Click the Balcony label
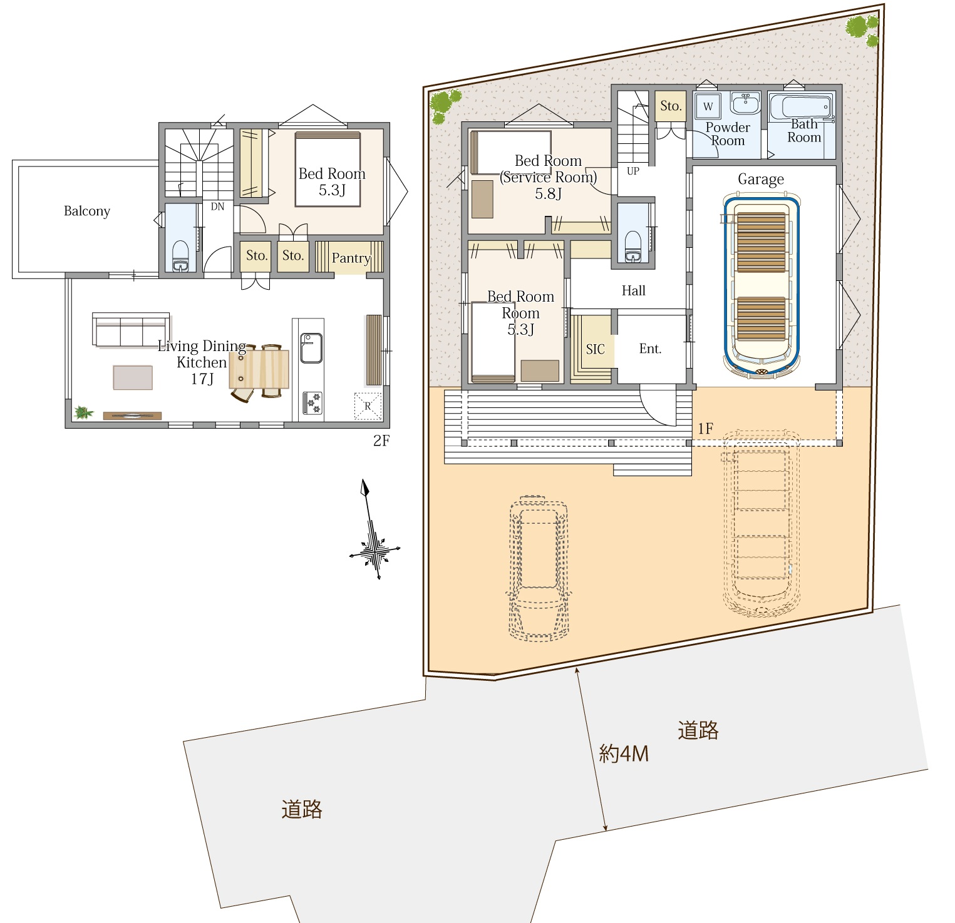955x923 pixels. tap(87, 212)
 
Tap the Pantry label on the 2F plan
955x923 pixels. tap(351, 258)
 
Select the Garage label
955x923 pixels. tap(761, 180)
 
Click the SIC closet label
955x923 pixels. tap(596, 349)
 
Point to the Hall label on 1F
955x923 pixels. tap(634, 290)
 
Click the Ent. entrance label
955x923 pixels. tap(650, 349)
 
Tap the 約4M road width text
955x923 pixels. tap(624, 753)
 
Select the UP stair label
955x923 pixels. tap(633, 171)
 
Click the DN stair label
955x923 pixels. tap(217, 207)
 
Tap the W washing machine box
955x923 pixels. tap(708, 106)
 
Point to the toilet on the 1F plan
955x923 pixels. tap(633, 247)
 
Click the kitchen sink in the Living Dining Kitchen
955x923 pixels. tap(311, 348)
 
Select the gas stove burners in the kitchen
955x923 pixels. tap(312, 403)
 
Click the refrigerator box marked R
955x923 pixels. tap(368, 406)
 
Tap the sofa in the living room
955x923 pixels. tap(131, 329)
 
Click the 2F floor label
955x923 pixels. tap(381, 441)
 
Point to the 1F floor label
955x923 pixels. tap(706, 429)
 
